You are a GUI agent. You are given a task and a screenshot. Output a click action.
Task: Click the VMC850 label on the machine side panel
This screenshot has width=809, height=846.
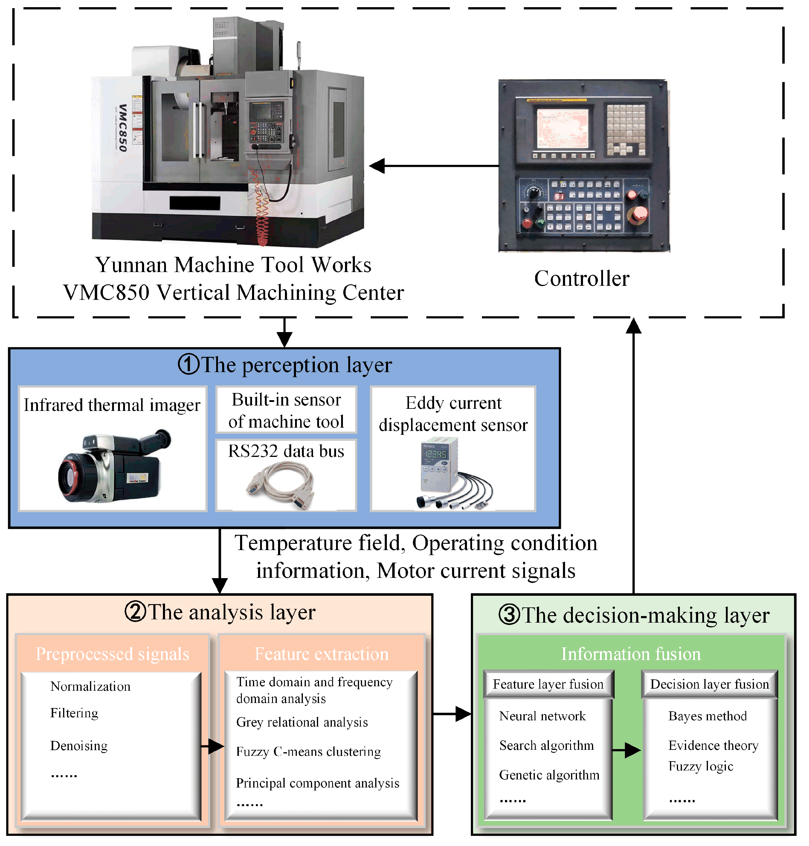pyautogui.click(x=123, y=128)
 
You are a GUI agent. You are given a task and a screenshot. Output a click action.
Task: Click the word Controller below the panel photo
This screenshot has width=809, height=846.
pyautogui.click(x=581, y=278)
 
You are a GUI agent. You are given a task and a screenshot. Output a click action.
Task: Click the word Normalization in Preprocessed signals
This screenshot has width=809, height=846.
pyautogui.click(x=90, y=686)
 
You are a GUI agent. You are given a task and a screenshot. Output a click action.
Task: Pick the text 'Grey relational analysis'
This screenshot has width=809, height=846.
pyautogui.click(x=302, y=722)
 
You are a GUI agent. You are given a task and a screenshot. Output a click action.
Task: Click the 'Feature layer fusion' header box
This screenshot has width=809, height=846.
pyautogui.click(x=548, y=684)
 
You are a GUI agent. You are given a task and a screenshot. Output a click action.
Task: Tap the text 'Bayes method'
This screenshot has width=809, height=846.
pyautogui.click(x=707, y=716)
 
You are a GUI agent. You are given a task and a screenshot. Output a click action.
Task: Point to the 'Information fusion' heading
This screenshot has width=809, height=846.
pyautogui.click(x=631, y=654)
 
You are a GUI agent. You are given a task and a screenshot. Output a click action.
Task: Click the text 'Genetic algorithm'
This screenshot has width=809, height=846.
pyautogui.click(x=549, y=775)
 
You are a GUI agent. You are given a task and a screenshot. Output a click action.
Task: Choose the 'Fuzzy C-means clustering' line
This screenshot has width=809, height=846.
pyautogui.click(x=308, y=752)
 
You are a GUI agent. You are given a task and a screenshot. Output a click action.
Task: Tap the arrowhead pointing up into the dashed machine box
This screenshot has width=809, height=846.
pyautogui.click(x=634, y=326)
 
